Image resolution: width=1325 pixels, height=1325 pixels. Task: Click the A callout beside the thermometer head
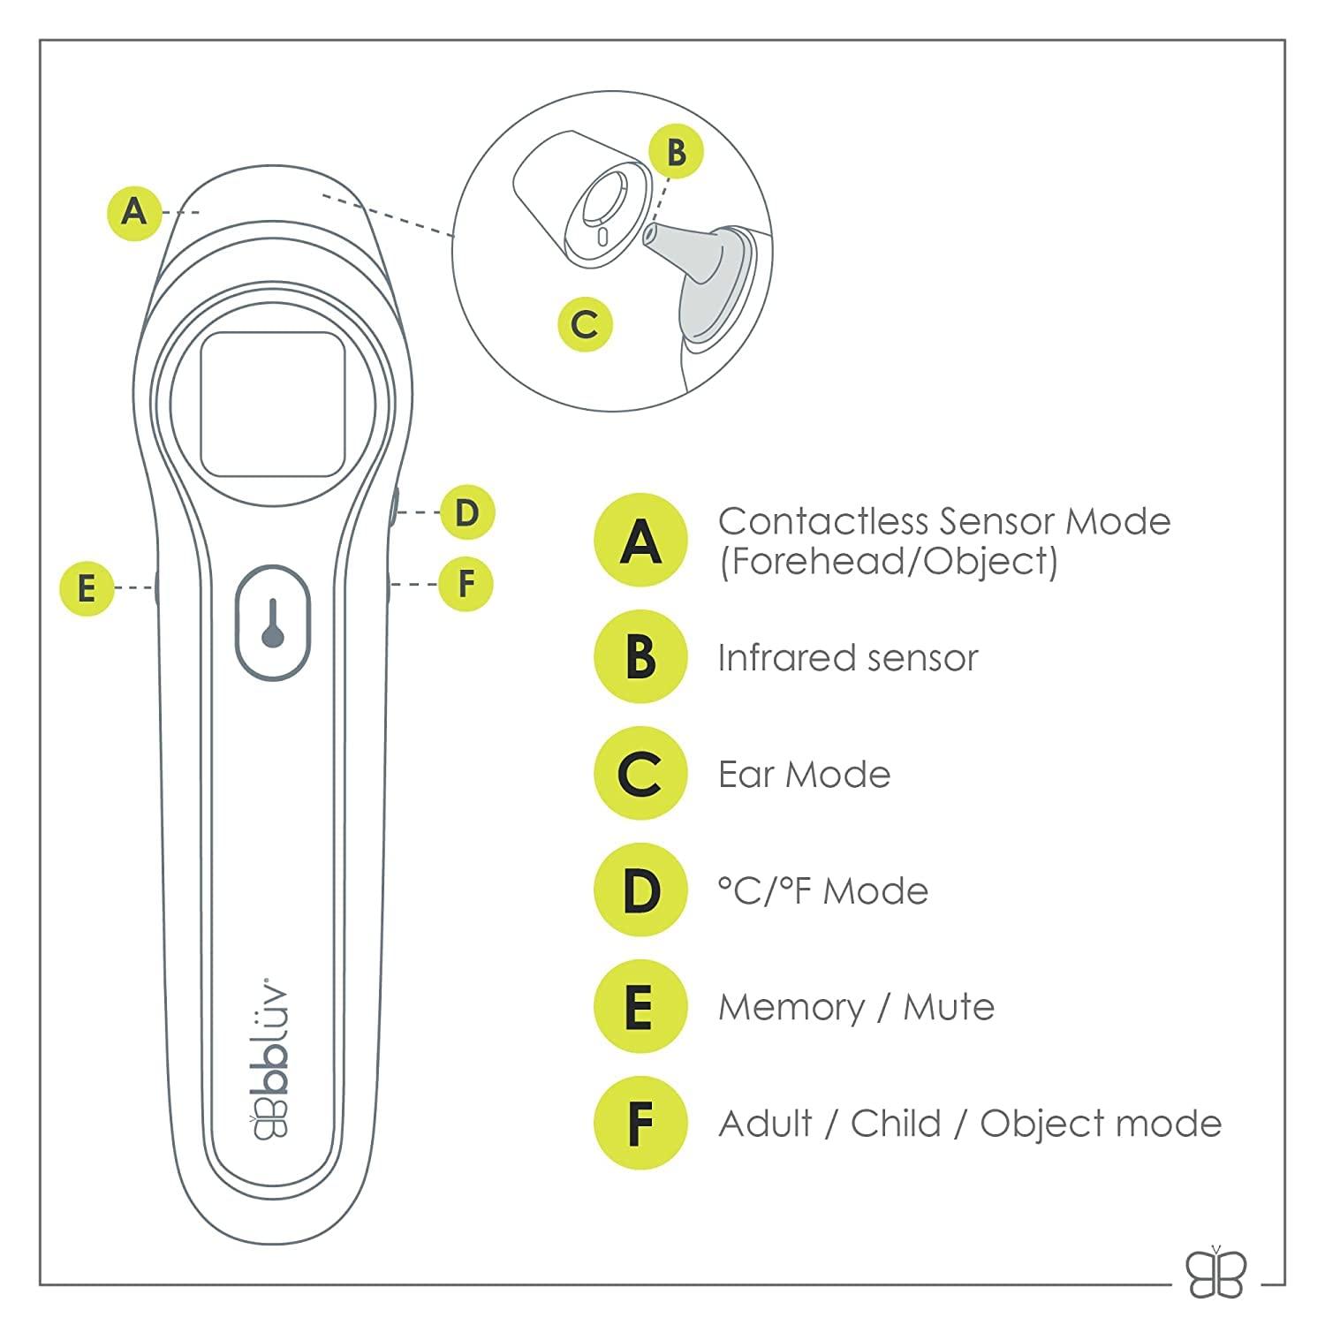click(134, 212)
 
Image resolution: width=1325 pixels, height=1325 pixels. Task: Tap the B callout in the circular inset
click(676, 151)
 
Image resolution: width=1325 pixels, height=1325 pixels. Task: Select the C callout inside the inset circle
click(585, 324)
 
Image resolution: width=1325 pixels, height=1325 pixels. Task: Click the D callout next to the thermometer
click(466, 512)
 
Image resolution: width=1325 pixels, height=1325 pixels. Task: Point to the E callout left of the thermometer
click(87, 587)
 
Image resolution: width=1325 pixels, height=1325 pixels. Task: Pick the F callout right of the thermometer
click(466, 584)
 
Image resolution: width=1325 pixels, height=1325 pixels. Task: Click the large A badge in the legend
click(640, 541)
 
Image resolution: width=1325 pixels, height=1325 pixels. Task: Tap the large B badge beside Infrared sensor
click(640, 657)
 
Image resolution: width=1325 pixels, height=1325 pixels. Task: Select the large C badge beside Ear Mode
click(640, 774)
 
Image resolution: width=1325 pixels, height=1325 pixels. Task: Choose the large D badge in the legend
click(640, 890)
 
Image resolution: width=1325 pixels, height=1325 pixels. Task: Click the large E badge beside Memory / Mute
click(640, 1007)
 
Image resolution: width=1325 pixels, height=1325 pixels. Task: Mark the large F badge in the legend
click(640, 1124)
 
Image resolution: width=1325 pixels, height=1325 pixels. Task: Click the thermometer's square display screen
click(272, 405)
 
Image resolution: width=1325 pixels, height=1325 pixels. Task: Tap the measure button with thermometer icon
click(273, 623)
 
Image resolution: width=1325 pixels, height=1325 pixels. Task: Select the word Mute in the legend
click(949, 1007)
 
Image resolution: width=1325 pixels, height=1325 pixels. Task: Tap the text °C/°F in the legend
click(766, 890)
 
